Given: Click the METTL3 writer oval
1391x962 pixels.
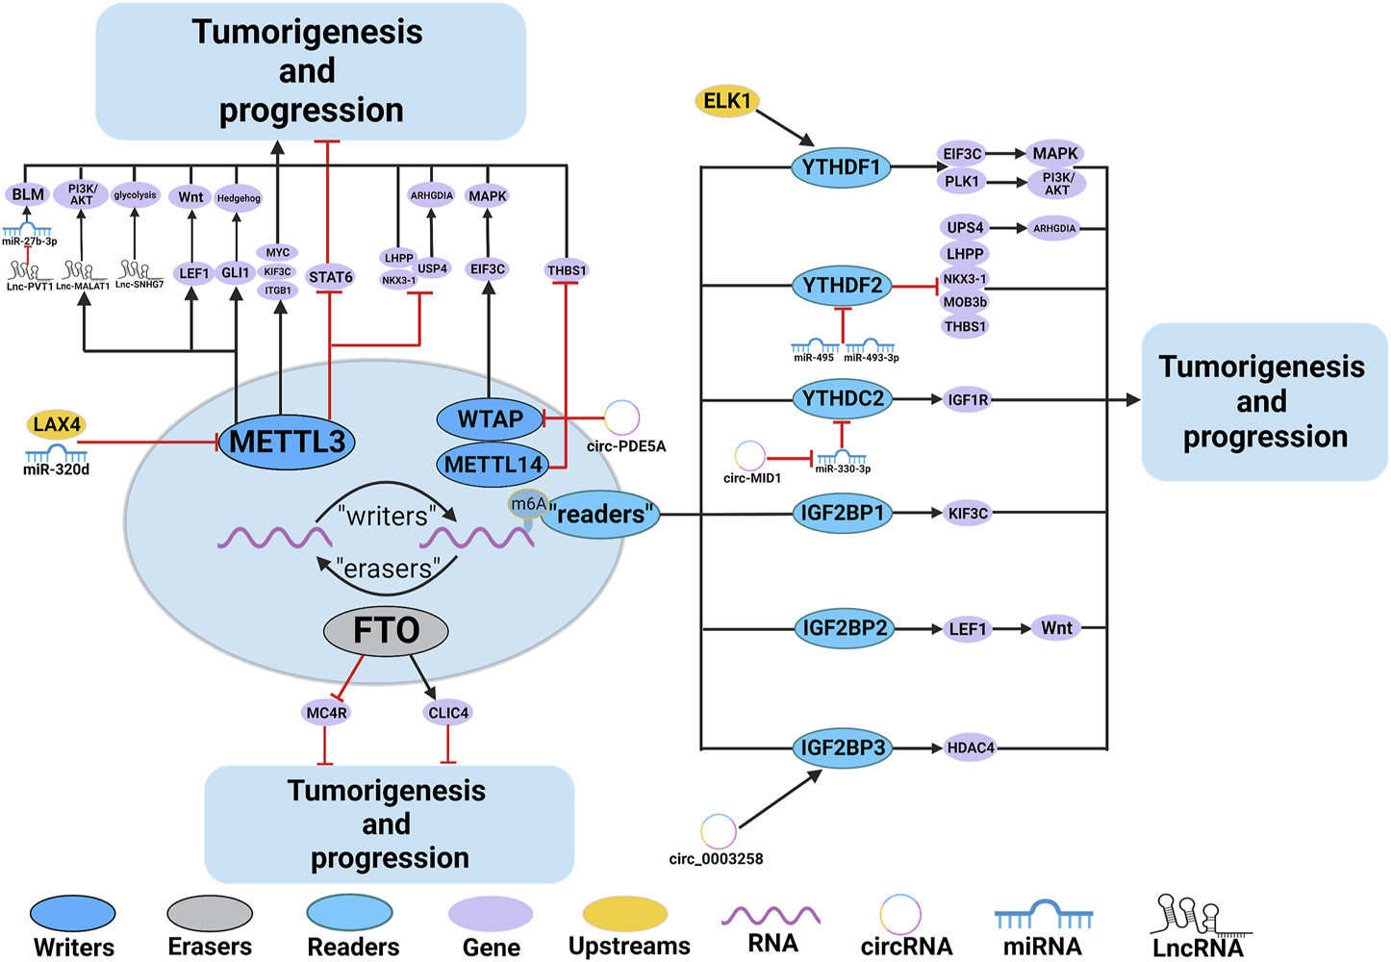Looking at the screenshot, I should click(x=287, y=442).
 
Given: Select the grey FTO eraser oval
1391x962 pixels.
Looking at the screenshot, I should click(x=386, y=631).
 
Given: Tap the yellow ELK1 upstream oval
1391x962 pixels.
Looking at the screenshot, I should click(x=727, y=101).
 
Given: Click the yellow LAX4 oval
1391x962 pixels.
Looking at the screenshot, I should click(x=57, y=424).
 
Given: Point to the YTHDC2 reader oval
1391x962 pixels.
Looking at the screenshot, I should click(x=843, y=399).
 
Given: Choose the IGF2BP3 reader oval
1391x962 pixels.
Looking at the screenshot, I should click(x=843, y=747).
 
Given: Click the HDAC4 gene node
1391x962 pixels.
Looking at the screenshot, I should click(x=970, y=747).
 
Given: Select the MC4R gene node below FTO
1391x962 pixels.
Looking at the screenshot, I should click(x=326, y=713).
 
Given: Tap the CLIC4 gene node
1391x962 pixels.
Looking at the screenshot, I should click(x=448, y=713).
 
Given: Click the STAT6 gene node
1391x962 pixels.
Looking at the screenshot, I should click(x=330, y=277).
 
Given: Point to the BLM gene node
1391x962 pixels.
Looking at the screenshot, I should click(x=28, y=194).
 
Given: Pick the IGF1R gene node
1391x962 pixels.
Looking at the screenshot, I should click(x=968, y=400).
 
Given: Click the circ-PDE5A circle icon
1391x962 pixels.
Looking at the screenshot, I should click(x=621, y=418).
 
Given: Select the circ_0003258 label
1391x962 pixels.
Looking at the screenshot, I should click(x=716, y=859).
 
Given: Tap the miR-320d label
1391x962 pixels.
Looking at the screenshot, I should click(x=56, y=470).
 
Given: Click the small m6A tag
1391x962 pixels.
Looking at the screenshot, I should click(x=528, y=503).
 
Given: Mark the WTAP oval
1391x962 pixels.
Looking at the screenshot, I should click(x=491, y=419).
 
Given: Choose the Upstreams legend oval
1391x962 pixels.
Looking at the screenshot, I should click(x=625, y=914).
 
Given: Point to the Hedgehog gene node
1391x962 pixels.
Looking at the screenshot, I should click(x=238, y=198).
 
